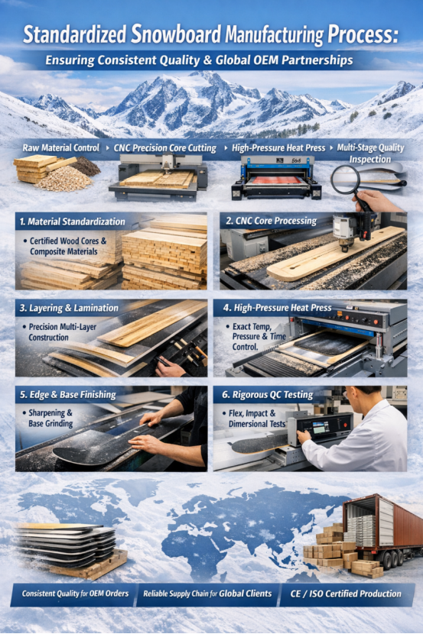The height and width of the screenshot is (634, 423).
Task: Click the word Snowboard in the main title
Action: coord(174,34)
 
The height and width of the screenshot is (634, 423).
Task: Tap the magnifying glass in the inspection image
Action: coord(347,180)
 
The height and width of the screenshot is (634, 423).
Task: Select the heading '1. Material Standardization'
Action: coord(72,222)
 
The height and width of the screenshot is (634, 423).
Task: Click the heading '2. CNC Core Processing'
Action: coord(271,221)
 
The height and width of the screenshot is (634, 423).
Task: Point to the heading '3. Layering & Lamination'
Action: coord(70,308)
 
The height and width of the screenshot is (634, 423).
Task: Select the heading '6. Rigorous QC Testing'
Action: coord(268,395)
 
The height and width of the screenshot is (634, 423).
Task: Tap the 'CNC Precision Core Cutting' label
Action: coord(165,147)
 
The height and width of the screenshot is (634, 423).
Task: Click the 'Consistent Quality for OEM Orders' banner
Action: coord(74,594)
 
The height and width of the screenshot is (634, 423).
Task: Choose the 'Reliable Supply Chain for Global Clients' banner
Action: coord(207,594)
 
